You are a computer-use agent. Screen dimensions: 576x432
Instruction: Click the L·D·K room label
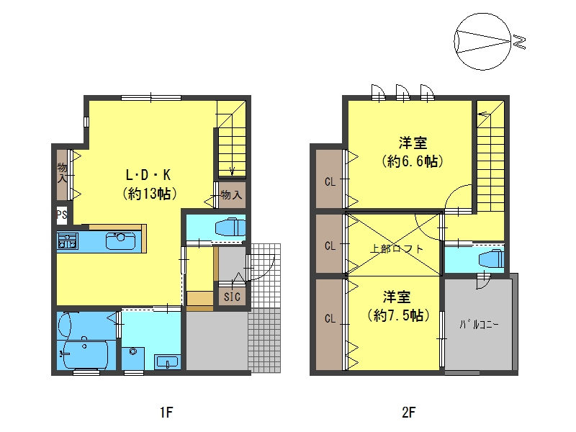pos(148,175)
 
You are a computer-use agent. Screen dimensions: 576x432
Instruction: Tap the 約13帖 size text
pos(150,193)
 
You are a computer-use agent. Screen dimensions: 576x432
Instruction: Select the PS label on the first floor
pos(62,214)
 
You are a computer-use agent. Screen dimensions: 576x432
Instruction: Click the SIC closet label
pos(232,297)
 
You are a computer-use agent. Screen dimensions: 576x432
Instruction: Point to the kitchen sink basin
pos(120,241)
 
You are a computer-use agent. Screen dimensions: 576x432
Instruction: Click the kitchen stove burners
pos(67,240)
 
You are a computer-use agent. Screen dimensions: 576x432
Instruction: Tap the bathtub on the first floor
pos(86,355)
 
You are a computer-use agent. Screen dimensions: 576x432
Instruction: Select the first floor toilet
pos(230,228)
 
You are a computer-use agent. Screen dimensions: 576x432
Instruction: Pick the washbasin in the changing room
pos(167,362)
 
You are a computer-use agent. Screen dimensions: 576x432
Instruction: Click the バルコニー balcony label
pos(479,325)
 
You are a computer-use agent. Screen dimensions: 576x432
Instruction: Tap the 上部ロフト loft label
pos(397,248)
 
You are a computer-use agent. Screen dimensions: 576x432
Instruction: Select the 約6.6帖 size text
pos(413,161)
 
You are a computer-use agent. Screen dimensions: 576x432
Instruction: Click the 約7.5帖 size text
pos(399,315)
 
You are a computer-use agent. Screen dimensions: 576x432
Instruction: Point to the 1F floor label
pos(166,413)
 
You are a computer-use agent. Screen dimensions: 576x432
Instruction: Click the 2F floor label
pos(408,413)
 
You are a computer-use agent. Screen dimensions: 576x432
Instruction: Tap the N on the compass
pos(519,42)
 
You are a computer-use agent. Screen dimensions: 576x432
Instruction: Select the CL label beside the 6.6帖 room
pos(330,181)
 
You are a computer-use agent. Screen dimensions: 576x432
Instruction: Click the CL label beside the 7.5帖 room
pos(330,318)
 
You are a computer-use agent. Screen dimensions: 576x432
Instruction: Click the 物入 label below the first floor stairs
pos(231,195)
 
